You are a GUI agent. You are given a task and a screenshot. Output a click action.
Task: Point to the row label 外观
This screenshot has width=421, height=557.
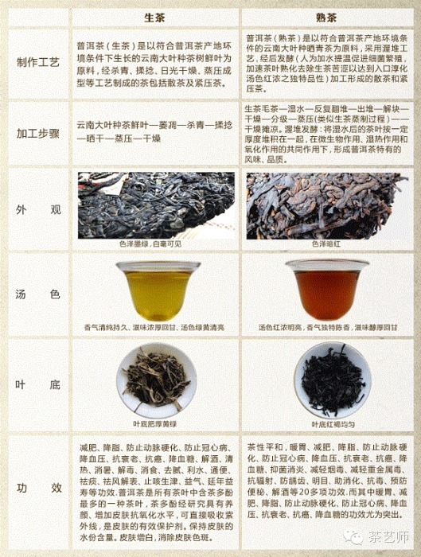pos(39,210)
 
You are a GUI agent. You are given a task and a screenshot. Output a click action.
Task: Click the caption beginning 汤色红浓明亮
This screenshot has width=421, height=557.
pos(325,327)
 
